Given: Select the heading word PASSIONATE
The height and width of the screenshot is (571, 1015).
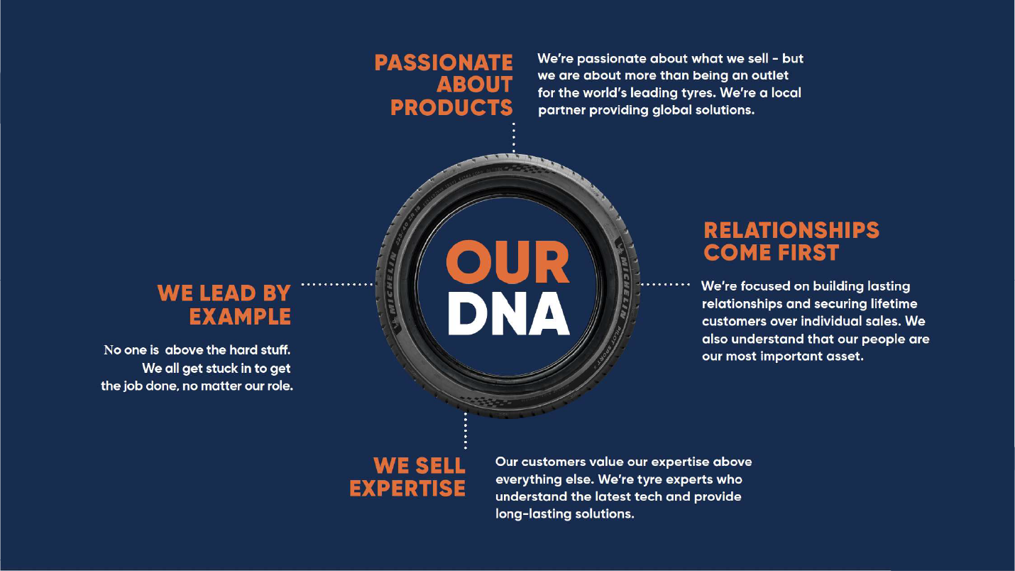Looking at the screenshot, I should point(444,62).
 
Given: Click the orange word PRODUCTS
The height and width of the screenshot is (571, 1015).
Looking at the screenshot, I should point(451,108).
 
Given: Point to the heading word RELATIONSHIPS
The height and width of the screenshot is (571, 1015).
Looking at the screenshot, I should point(791,230).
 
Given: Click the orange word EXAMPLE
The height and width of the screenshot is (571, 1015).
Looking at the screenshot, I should point(240,316).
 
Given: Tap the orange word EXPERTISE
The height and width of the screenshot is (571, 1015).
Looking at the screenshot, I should point(407,489).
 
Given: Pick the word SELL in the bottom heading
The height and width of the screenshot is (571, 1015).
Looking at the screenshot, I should point(437,466).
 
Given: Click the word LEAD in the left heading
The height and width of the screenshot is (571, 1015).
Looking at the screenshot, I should point(227,293).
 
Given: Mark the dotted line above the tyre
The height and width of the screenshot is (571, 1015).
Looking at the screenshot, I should point(513,136).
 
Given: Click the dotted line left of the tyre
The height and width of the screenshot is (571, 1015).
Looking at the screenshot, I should point(338,285).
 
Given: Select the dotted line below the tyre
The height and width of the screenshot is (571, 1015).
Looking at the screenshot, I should point(466,430).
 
